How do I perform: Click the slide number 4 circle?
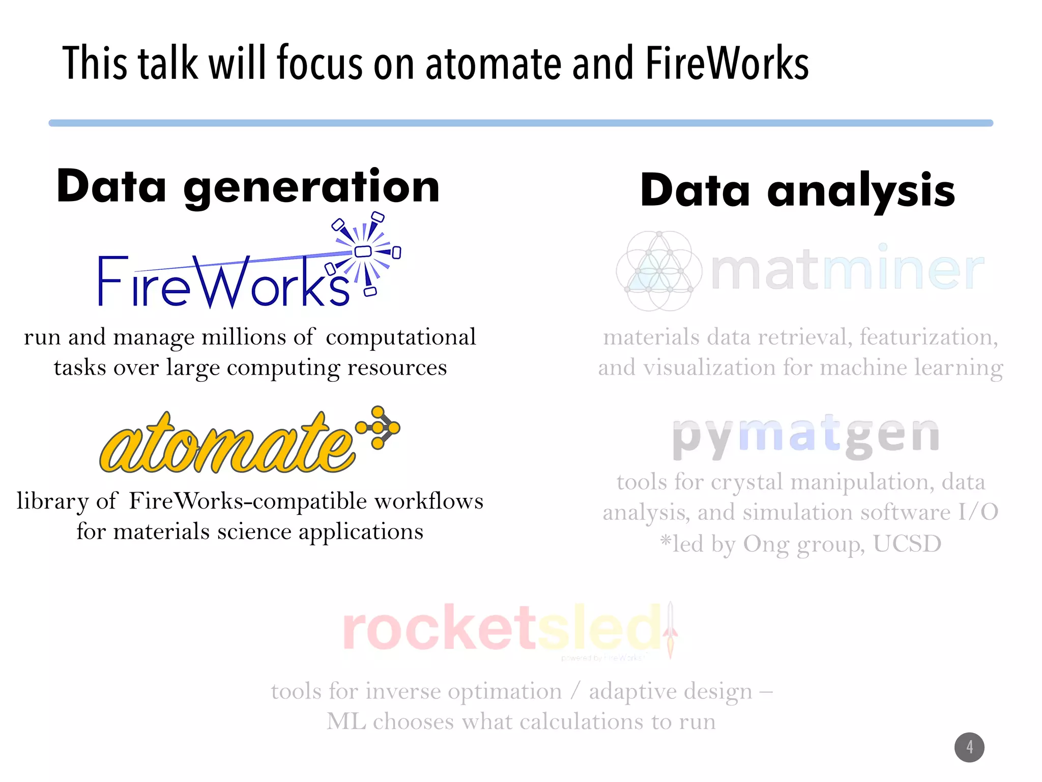tap(969, 747)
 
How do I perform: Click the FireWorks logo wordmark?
tap(224, 282)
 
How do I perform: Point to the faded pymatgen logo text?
tap(805, 436)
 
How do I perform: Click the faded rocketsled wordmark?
tap(501, 629)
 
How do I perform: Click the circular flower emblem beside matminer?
tap(659, 271)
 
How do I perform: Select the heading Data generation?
tap(248, 187)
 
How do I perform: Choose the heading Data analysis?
tap(797, 190)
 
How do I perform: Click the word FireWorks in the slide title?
tap(727, 64)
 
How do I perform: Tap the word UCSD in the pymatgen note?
tap(907, 544)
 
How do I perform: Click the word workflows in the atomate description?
tap(429, 501)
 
